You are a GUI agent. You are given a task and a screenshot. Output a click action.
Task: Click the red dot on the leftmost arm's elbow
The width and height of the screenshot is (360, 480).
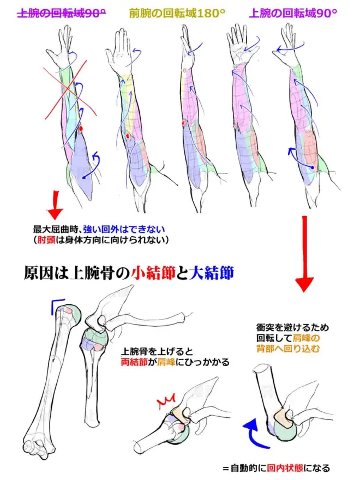(x=80, y=129)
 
